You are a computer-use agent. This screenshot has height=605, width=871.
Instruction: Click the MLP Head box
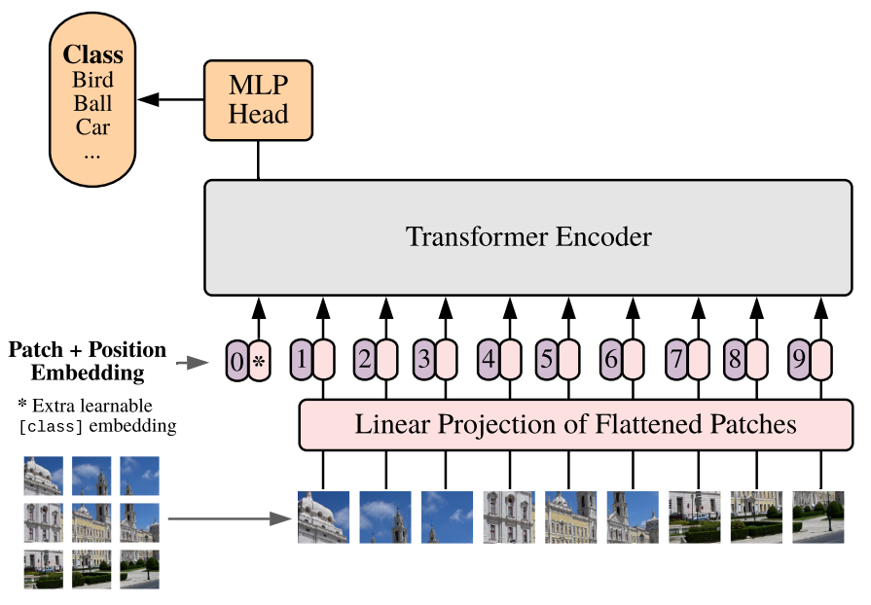259,98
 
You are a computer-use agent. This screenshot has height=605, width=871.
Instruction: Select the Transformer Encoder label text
528,236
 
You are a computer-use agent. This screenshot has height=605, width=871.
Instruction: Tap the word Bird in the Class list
93,80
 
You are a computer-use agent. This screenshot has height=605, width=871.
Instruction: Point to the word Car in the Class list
93,126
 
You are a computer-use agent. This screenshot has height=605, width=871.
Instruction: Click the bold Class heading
93,54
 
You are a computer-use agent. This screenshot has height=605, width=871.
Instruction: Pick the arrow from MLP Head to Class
171,98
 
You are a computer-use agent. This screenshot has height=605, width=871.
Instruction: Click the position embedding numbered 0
236,361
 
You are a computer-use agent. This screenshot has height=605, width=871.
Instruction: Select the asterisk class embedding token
259,361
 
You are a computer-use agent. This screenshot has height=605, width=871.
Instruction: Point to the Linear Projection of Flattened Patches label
575,425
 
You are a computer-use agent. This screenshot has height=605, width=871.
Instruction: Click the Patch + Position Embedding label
87,361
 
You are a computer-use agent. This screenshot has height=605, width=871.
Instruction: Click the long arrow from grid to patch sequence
232,518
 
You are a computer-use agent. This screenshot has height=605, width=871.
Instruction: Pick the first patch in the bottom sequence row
323,516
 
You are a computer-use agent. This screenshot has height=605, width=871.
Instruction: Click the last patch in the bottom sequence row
817,516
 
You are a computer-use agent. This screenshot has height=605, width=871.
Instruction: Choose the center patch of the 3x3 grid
91,522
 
